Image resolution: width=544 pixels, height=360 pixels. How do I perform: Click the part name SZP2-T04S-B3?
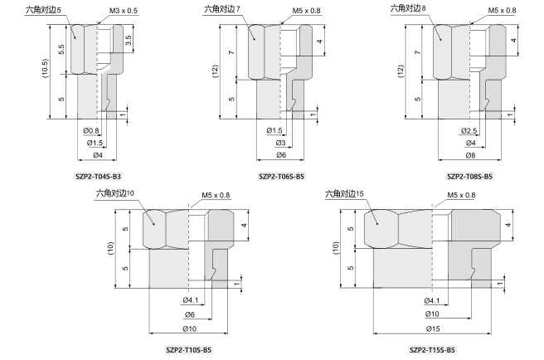(x=98, y=177)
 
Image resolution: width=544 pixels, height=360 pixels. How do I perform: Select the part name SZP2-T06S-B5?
(x=281, y=177)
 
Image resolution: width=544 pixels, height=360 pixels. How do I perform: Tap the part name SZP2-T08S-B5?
(x=469, y=177)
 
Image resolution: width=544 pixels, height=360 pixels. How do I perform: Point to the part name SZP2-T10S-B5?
(x=188, y=349)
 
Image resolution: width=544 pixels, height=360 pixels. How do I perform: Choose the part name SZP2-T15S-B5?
(x=432, y=349)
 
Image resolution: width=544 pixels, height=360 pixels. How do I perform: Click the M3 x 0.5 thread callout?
(x=124, y=11)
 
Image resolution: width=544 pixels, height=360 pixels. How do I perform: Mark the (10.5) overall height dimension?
(x=45, y=68)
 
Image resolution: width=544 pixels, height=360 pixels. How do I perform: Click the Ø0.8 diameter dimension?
(x=91, y=130)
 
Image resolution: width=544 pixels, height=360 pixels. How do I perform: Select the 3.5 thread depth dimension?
(x=129, y=41)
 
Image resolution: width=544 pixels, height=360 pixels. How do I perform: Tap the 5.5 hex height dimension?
(x=61, y=49)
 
